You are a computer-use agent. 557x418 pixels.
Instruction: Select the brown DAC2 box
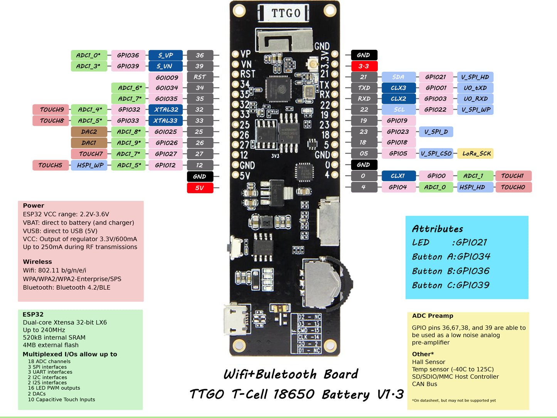click(89, 132)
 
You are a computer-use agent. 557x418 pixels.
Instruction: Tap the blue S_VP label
click(165, 55)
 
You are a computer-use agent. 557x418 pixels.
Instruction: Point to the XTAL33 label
click(165, 121)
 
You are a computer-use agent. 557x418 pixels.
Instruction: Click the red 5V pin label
click(200, 188)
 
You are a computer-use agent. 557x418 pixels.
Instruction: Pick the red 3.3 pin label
click(364, 66)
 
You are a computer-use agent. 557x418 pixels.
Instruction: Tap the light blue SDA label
click(399, 77)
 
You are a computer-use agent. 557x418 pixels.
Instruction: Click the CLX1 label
click(399, 176)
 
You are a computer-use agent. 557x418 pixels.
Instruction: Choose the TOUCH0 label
click(513, 187)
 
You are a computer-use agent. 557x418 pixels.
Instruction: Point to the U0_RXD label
click(475, 99)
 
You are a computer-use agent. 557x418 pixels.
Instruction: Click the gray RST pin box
click(200, 77)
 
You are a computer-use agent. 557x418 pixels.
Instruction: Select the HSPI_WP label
click(89, 165)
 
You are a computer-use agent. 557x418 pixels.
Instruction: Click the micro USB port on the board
click(234, 319)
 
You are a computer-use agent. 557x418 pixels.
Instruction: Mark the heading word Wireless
click(37, 262)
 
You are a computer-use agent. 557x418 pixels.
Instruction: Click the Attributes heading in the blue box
click(438, 229)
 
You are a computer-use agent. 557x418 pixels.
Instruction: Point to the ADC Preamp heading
click(432, 316)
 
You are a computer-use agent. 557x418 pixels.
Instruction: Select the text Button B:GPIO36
click(451, 271)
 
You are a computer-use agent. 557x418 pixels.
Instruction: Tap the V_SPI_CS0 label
click(436, 153)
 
